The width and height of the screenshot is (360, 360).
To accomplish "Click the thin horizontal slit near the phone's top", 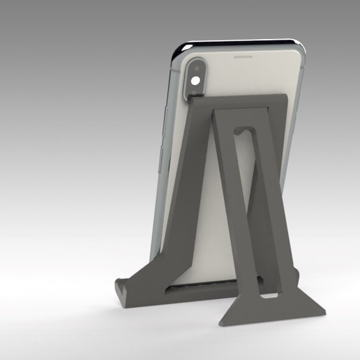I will point(242,56).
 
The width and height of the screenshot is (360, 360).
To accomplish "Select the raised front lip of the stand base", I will point(123,286).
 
